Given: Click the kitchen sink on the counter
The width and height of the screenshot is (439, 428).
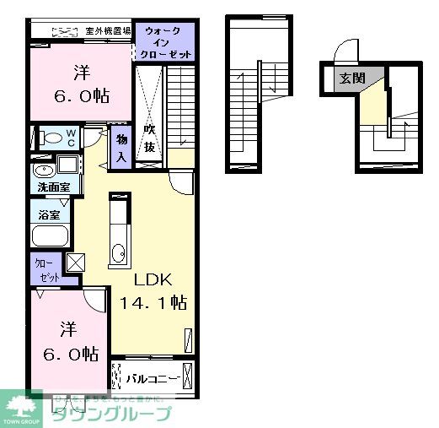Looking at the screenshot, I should (x=119, y=252).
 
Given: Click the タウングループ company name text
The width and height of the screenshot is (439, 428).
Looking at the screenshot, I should (x=112, y=414).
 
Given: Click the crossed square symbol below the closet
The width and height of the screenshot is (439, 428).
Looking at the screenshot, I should (x=76, y=263).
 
